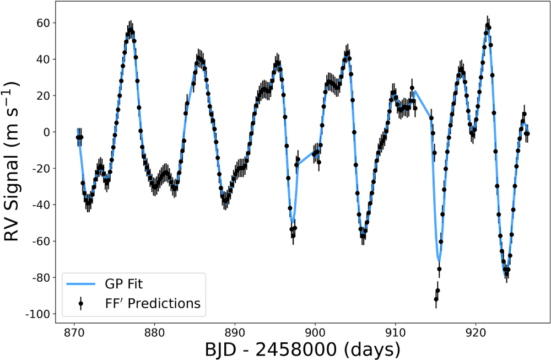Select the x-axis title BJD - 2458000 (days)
(x=302, y=350)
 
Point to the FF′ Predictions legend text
(x=152, y=304)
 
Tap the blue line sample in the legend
(x=80, y=284)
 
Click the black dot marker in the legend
(x=80, y=304)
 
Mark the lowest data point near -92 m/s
(x=436, y=299)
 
